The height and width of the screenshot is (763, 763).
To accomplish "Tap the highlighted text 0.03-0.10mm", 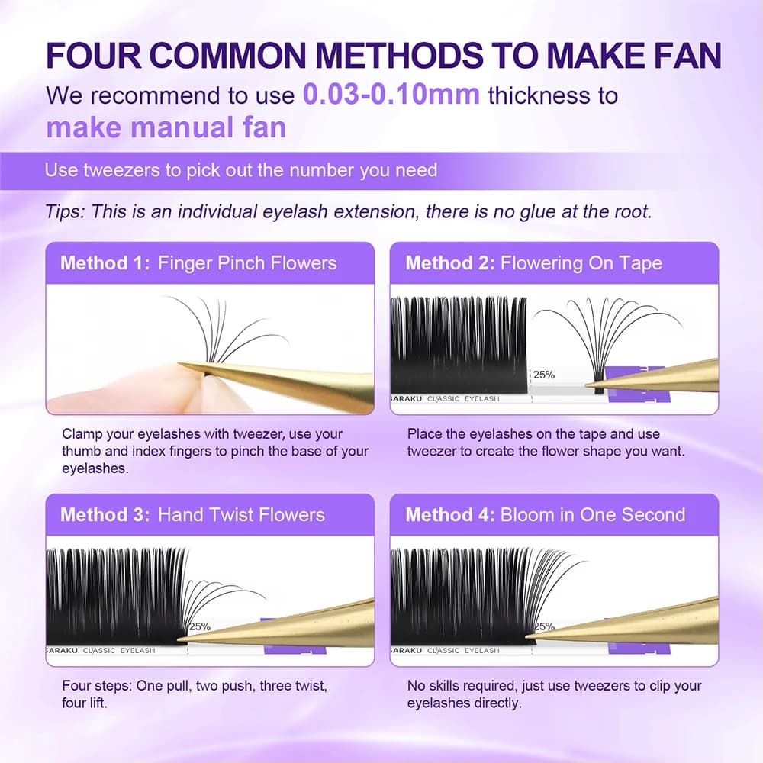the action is tap(391, 94).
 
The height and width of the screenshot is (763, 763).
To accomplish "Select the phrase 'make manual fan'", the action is tap(166, 127).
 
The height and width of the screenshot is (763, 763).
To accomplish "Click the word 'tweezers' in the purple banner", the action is tap(121, 170).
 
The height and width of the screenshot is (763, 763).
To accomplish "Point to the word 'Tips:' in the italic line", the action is tap(65, 212).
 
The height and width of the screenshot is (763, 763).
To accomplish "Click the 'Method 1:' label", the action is tap(105, 262).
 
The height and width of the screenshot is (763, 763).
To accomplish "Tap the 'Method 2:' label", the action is tap(450, 262).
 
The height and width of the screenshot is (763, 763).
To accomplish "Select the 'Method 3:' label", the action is tap(105, 515).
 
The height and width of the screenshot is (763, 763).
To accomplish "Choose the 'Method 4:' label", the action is tap(450, 515).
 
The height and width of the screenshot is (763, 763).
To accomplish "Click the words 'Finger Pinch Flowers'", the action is tap(247, 263).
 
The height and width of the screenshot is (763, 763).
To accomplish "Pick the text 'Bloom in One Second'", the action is tap(593, 515).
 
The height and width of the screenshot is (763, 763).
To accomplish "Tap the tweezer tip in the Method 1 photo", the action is tap(179, 363).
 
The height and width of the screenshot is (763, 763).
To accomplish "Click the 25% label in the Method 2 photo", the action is tap(544, 375).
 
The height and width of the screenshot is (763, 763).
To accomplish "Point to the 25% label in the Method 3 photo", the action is tap(199, 626).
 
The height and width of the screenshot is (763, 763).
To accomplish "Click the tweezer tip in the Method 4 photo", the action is tap(527, 636).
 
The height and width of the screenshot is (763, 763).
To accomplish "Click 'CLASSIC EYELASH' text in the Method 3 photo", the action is tap(119, 651).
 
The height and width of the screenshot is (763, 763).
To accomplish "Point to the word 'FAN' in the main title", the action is tap(687, 56).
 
